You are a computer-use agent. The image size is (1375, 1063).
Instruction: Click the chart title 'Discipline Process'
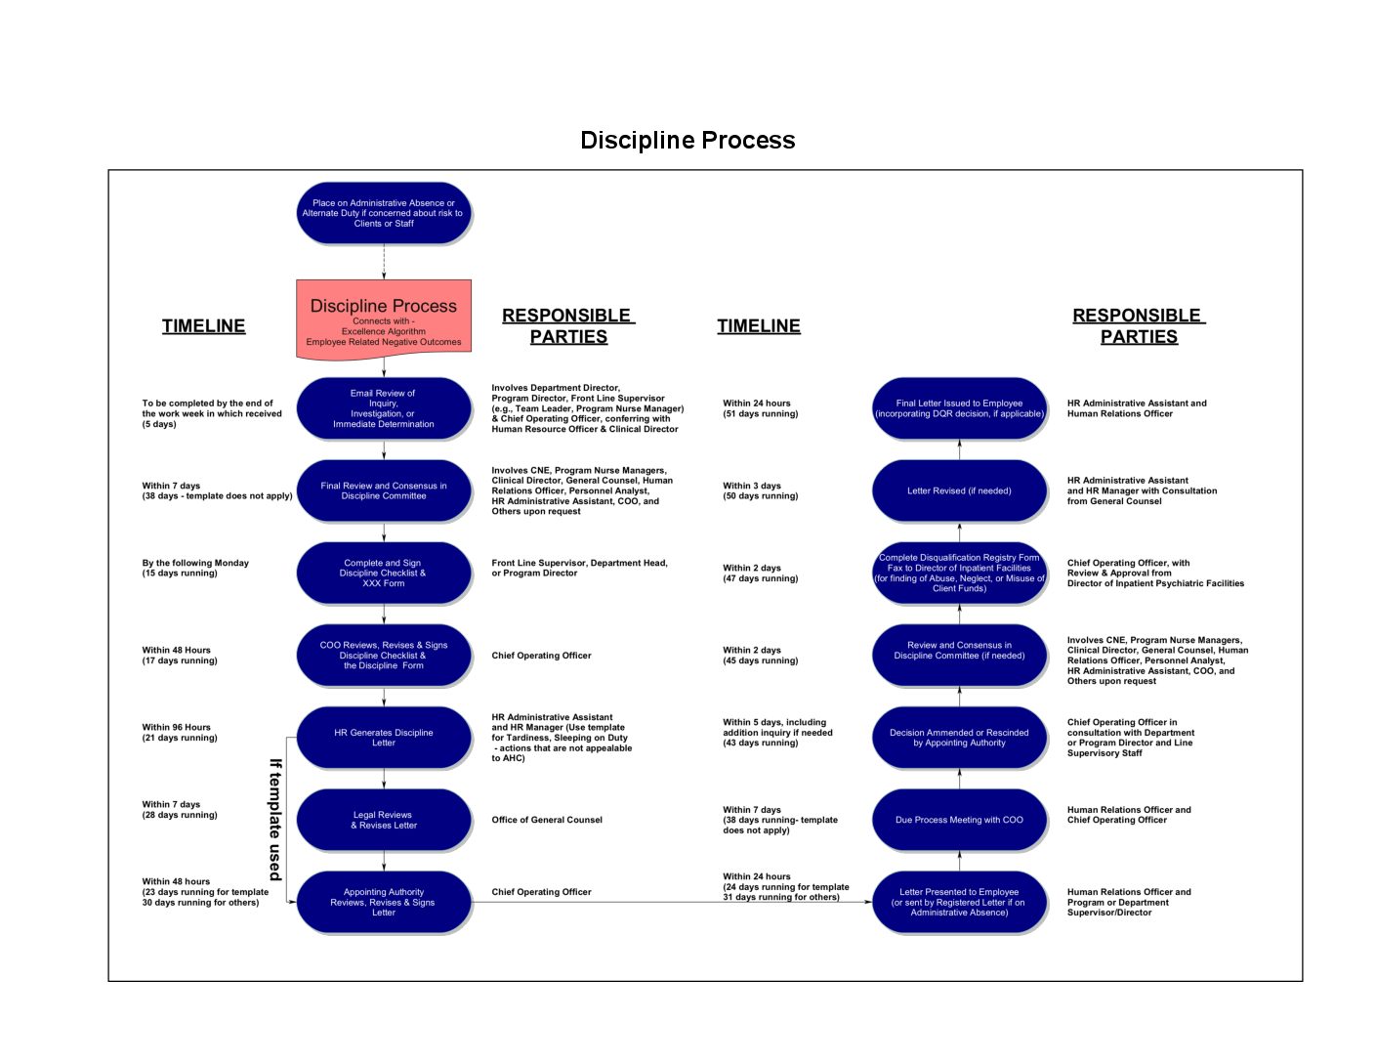tap(687, 141)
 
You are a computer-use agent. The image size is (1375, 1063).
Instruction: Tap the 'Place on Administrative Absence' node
tap(383, 213)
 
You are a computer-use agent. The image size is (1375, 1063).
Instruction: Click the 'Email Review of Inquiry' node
tap(383, 408)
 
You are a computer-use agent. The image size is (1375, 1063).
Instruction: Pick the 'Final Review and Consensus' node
tap(383, 490)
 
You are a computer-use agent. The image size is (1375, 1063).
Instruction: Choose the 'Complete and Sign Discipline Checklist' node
tap(383, 573)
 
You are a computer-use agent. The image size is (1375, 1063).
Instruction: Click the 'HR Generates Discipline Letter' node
tap(383, 738)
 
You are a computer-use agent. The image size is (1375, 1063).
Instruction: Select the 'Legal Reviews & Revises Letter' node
tap(383, 820)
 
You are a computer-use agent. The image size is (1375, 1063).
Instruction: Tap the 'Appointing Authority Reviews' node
tap(383, 902)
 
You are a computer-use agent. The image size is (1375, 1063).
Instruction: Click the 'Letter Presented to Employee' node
tap(959, 902)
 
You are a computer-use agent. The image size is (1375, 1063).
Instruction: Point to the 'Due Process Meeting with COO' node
tap(959, 820)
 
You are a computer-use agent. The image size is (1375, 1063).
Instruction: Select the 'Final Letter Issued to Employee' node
tap(959, 408)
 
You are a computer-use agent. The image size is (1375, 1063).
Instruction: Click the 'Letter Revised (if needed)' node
tap(959, 490)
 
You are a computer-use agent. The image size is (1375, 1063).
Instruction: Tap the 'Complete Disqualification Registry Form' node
tap(959, 573)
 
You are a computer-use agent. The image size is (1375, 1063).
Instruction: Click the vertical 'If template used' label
tap(275, 820)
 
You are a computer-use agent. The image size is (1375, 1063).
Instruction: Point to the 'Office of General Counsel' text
tap(547, 820)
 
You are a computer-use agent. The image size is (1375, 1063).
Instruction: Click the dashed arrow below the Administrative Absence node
tap(384, 262)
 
